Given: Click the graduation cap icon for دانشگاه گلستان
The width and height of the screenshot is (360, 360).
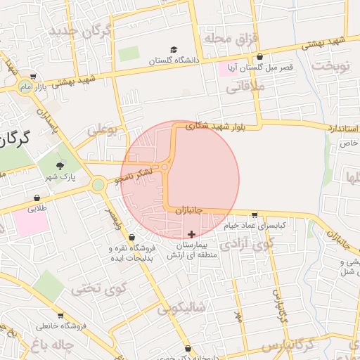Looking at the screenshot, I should pos(173,50).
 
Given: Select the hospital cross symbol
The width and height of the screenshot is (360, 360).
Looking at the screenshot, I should pos(191,233).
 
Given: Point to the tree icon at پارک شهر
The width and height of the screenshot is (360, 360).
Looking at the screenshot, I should pos(60,166).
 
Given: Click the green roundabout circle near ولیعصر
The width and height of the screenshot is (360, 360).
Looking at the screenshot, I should pos(98,185).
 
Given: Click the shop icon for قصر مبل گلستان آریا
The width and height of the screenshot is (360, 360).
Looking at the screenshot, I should pos(260,57).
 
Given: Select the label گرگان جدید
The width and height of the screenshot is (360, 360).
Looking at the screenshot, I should pos(81,32).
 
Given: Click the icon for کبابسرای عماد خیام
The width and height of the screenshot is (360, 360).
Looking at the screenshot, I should pos(254,216).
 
